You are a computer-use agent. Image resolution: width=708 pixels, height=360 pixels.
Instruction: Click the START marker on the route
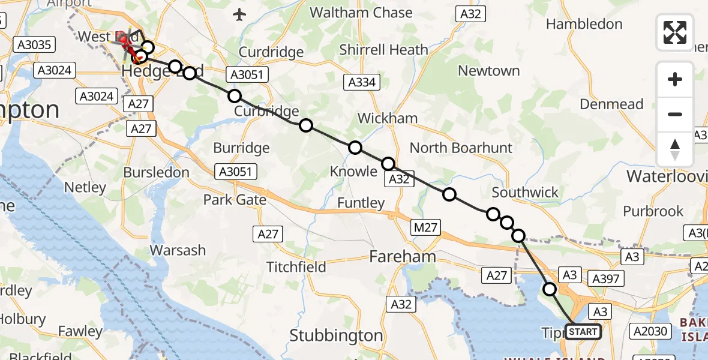583,332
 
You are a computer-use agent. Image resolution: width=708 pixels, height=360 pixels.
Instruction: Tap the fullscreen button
675,32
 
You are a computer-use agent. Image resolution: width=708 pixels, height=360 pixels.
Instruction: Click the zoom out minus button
675,114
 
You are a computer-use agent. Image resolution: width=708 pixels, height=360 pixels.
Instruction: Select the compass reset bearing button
675,149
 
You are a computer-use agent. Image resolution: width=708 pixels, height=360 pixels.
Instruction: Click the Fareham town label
402,257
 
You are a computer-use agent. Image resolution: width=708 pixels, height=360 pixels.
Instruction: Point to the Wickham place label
388,118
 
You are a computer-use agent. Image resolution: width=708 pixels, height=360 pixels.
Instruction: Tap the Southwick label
525,193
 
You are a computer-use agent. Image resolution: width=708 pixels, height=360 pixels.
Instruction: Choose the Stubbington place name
336,335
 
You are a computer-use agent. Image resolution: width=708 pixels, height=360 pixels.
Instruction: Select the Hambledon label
584,24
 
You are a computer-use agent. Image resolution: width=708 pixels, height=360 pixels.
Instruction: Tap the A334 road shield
362,82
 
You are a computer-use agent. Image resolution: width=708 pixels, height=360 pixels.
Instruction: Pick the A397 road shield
606,278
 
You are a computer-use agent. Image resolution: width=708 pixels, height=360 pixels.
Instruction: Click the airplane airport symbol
240,14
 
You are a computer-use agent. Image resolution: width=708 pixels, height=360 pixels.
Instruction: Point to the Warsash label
177,250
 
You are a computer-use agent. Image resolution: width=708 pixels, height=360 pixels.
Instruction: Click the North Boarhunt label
461,148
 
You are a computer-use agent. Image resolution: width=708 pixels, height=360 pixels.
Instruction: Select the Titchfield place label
296,266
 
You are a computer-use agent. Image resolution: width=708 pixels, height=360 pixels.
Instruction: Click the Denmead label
611,104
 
